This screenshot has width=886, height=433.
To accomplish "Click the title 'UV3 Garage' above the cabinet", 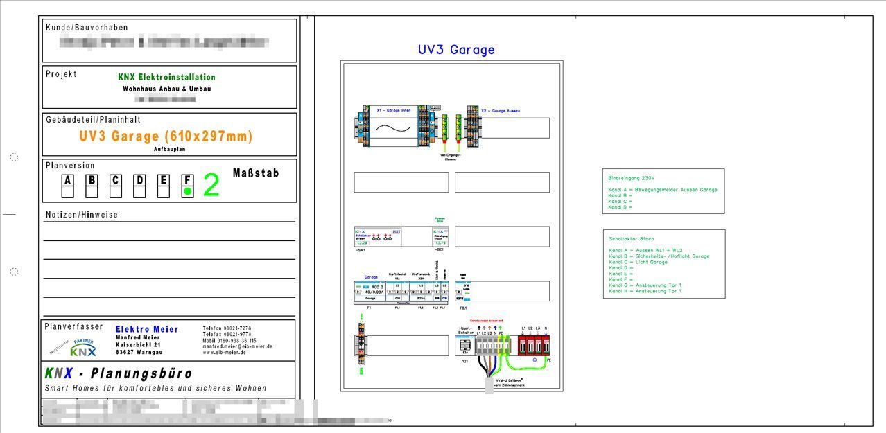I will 456,50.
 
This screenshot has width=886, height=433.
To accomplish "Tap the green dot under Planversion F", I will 187,191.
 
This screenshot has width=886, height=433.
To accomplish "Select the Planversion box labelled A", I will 68,181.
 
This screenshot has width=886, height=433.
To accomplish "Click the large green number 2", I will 211,186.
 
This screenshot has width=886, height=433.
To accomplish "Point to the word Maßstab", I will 256,173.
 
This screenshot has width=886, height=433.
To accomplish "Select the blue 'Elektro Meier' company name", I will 146,329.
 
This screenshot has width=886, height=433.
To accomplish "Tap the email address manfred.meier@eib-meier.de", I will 237,346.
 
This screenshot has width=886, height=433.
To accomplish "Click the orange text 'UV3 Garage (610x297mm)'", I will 166,136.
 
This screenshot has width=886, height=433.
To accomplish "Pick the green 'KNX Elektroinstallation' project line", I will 166,77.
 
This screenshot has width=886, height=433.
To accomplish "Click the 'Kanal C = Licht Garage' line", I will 638,263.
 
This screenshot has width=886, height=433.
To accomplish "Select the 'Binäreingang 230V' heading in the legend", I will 631,178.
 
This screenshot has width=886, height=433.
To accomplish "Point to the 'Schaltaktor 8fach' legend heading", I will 631,239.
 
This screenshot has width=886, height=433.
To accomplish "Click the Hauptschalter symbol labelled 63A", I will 465,344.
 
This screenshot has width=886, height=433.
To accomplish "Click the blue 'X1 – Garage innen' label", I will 393,111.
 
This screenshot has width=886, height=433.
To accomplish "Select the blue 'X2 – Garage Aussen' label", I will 500,111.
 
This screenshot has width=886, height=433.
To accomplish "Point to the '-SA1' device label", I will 359,250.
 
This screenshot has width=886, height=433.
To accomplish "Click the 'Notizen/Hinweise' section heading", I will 82,215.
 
